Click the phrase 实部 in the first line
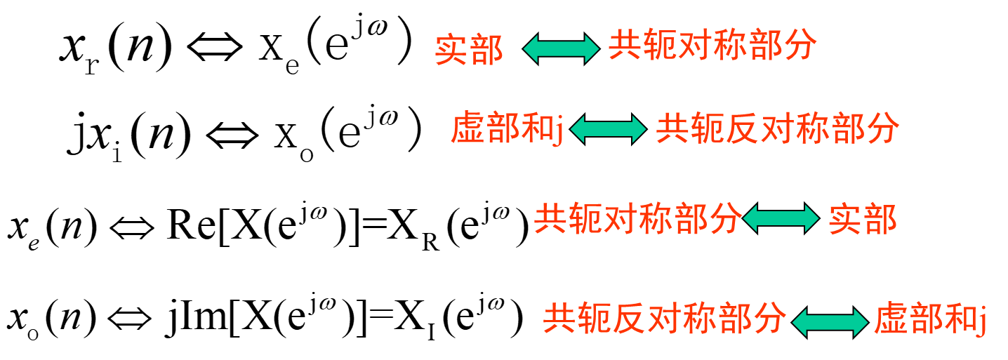[469, 50]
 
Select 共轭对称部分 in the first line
[712, 46]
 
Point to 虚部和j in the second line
[507, 129]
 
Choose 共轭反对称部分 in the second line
[777, 129]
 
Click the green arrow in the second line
[609, 129]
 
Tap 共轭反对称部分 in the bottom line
[664, 319]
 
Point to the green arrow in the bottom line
[830, 322]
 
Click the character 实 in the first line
[451, 50]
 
